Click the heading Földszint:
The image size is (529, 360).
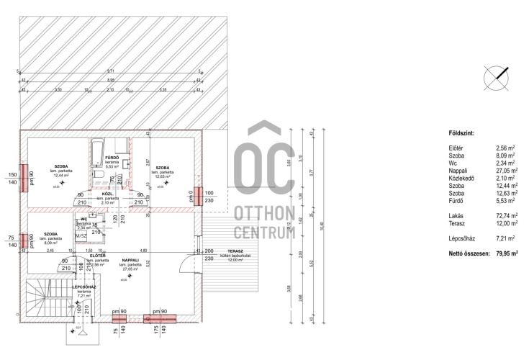click(x=461, y=134)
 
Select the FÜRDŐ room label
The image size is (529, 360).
click(x=111, y=158)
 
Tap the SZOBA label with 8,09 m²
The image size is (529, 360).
click(x=50, y=234)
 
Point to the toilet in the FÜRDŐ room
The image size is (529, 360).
click(x=96, y=172)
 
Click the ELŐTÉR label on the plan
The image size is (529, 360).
click(x=99, y=256)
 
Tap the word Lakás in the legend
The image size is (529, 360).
click(x=456, y=215)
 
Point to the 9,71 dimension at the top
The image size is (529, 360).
click(x=110, y=71)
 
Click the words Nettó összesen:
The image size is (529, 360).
click(x=469, y=253)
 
